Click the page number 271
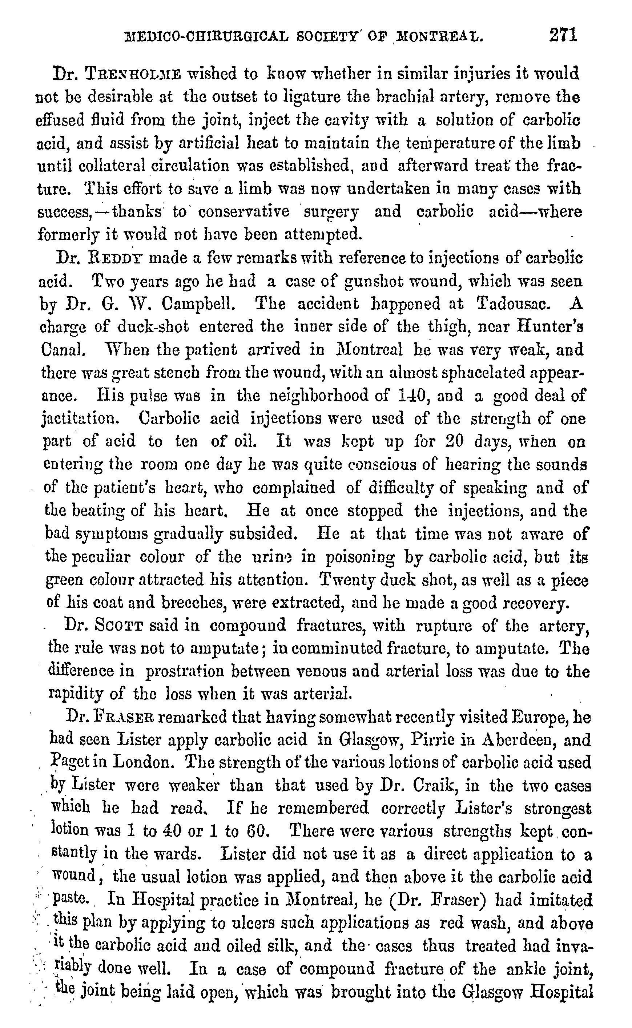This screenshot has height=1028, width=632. coord(563,35)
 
